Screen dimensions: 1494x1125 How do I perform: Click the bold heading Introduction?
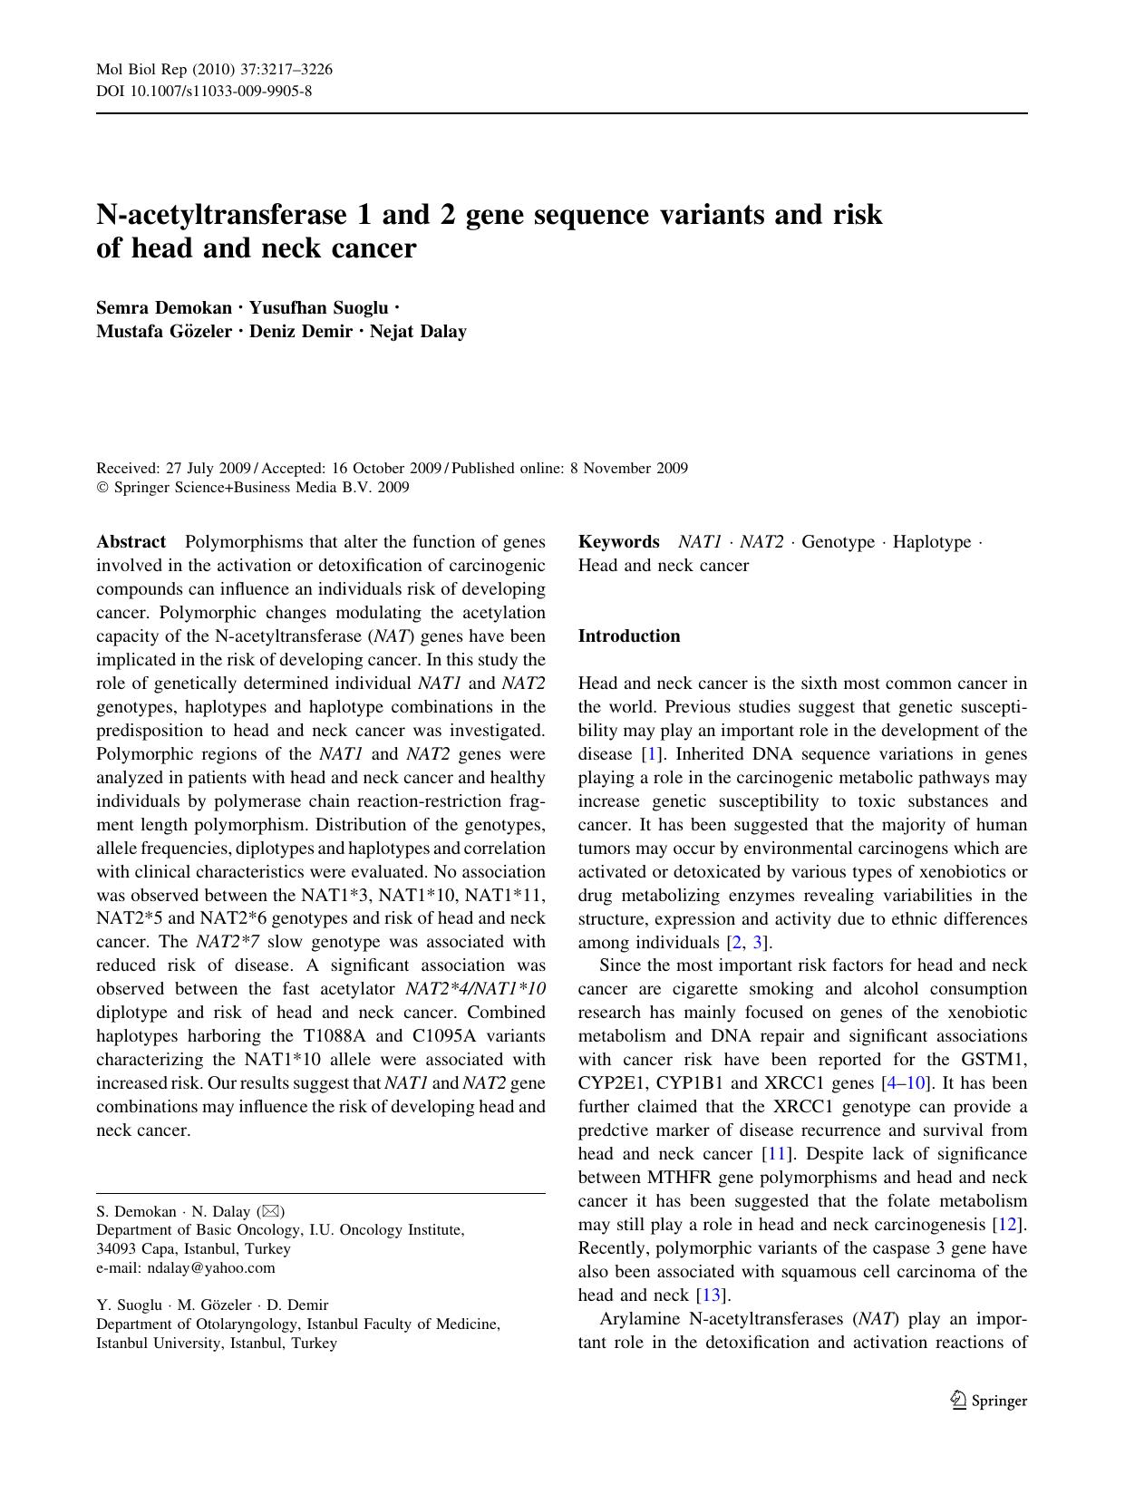628,635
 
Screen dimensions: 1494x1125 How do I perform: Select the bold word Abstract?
131,542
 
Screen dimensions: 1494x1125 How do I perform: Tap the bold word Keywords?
618,542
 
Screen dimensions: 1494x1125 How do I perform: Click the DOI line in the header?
204,91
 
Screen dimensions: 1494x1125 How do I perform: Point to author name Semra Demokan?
164,307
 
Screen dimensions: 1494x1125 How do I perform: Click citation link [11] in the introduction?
775,1153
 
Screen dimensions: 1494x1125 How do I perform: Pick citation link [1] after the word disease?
648,753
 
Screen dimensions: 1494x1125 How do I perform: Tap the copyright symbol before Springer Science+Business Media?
102,488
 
